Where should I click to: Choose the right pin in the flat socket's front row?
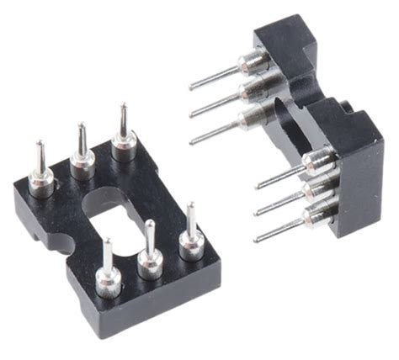[x=191, y=228]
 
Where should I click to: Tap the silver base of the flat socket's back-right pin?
[x=125, y=143]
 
